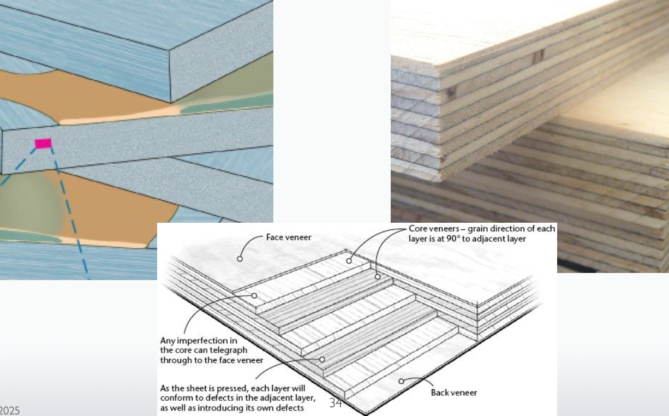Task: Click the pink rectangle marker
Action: point(43,144)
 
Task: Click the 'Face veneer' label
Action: point(289,237)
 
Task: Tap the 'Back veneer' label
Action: point(453,393)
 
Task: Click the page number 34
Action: point(336,403)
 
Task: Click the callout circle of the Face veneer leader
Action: point(240,258)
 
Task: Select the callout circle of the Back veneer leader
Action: point(401,381)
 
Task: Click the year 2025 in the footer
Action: point(9,410)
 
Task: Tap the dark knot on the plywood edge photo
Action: point(539,56)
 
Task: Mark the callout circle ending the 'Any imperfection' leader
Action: point(254,295)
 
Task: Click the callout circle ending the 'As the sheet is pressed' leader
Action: point(322,359)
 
